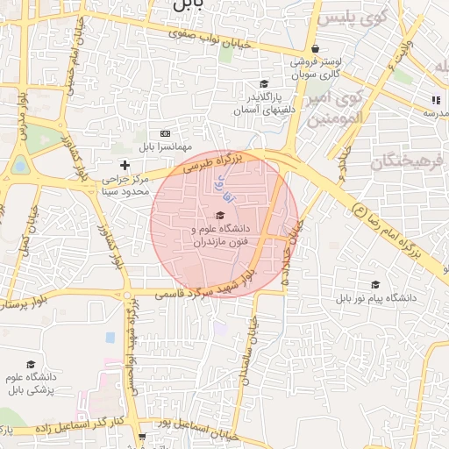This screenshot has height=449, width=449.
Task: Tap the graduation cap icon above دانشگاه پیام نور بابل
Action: point(375,285)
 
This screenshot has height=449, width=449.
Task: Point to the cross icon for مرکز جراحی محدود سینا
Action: point(125,164)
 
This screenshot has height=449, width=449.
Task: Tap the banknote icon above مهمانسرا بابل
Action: point(164,133)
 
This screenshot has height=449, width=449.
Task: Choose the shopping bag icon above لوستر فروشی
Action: point(315,49)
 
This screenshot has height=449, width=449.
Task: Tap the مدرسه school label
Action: point(436,112)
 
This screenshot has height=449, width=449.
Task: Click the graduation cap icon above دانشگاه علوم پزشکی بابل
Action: point(31,364)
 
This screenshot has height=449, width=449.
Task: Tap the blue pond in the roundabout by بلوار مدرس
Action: point(20,164)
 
